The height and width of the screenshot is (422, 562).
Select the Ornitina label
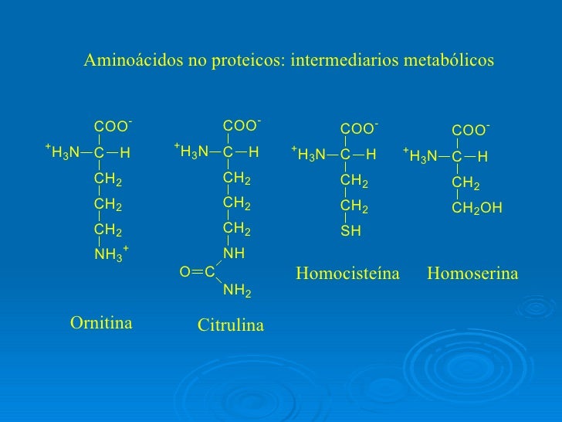tap(102, 322)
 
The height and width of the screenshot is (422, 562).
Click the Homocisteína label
tap(348, 274)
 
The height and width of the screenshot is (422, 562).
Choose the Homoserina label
tap(472, 274)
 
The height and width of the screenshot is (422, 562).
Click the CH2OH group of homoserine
tap(476, 208)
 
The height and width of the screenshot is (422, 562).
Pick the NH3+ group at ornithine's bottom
tap(110, 253)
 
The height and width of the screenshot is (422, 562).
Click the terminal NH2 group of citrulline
tap(237, 291)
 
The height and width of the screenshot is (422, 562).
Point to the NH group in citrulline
tap(233, 253)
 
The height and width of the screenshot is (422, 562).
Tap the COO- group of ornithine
tap(112, 126)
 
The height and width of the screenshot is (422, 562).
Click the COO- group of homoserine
tap(470, 130)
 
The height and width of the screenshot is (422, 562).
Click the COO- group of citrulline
tap(240, 125)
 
